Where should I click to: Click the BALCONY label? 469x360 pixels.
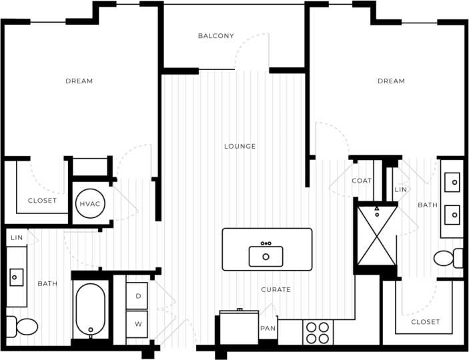point(215,36)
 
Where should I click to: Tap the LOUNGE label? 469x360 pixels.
point(240,146)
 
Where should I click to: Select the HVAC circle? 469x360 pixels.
point(89,203)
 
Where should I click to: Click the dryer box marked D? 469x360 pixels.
point(137,295)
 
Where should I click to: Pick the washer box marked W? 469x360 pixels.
point(137,325)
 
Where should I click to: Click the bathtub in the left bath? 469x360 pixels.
point(90,311)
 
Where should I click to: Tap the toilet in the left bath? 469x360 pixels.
point(21,327)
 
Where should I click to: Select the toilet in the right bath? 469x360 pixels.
point(448,257)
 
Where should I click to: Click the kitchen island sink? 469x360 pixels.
point(266,256)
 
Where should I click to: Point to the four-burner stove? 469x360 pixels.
point(318,332)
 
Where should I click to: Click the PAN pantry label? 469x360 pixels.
point(268,329)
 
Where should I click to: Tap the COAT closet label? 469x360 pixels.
point(362,181)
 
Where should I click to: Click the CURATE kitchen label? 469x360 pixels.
point(276,289)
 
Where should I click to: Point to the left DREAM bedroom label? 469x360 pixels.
point(79,81)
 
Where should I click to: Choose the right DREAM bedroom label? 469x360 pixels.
point(391,81)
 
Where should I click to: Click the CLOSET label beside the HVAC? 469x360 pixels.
point(42,201)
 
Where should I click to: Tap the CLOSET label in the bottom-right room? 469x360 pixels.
point(425,322)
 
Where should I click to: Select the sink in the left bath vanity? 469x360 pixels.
point(16,275)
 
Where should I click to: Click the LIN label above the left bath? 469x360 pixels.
point(16,237)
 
